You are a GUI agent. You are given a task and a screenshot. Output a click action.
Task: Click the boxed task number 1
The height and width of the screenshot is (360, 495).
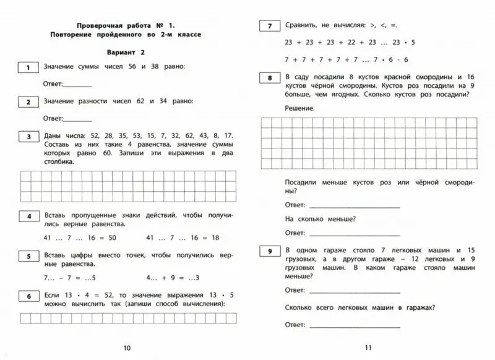29,66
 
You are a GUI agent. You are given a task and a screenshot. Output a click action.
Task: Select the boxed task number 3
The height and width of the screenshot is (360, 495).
29,136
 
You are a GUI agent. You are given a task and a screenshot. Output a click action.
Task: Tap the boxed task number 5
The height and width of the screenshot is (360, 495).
29,255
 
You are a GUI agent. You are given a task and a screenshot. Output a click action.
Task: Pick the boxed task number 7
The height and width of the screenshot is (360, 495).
269,26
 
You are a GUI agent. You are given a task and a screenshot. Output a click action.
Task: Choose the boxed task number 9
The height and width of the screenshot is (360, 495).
269,251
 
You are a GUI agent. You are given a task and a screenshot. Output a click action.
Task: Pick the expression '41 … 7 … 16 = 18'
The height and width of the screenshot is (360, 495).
183,238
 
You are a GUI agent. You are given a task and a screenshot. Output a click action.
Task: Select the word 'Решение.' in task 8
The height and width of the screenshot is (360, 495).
299,108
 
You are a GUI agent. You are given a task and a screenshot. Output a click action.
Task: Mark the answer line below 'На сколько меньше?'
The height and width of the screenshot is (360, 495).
354,234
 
